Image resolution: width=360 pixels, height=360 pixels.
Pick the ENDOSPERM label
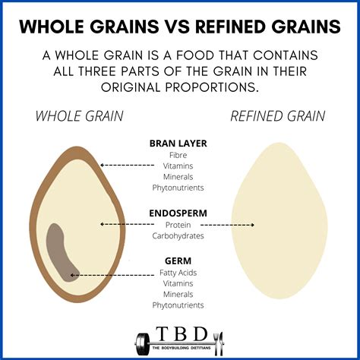click(178, 214)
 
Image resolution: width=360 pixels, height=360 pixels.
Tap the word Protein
click(178, 226)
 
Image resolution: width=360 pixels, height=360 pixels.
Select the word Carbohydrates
click(178, 236)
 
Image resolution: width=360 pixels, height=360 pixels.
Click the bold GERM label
click(178, 262)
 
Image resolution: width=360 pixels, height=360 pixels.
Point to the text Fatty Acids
click(178, 273)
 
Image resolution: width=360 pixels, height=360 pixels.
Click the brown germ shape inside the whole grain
click(59, 251)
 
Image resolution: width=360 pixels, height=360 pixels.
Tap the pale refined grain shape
click(278, 220)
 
